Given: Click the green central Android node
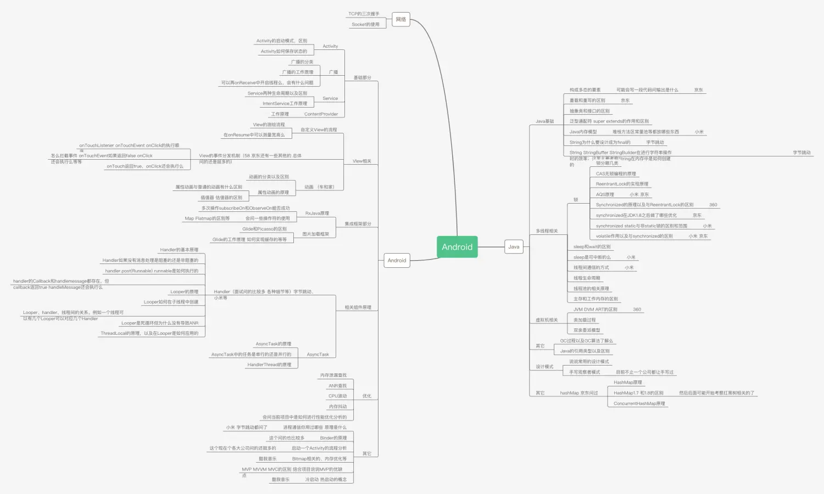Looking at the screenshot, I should click(x=457, y=247).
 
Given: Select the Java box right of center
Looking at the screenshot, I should click(x=514, y=247).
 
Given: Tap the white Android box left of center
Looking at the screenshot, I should click(x=397, y=261).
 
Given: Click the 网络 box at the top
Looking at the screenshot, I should click(x=401, y=20).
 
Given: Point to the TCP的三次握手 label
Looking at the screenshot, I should click(x=364, y=14).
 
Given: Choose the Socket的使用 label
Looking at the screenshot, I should click(x=365, y=24).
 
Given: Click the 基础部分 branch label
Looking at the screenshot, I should click(x=362, y=78).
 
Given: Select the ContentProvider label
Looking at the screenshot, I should click(x=321, y=114).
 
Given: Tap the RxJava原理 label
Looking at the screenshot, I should click(x=317, y=214).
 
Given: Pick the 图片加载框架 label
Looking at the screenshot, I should click(x=315, y=234).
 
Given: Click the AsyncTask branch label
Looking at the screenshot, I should click(x=318, y=355).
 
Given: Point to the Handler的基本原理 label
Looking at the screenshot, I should click(x=179, y=250).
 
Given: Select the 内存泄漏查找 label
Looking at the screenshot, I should click(x=333, y=375).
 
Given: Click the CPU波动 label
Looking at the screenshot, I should click(x=337, y=396).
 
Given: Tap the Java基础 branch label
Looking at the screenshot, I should click(x=545, y=121).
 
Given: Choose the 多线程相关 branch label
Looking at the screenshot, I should click(x=547, y=231).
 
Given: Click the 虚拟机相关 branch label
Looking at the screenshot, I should click(x=547, y=320).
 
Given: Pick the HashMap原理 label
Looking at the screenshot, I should click(x=627, y=383).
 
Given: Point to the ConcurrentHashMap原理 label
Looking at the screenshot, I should click(x=639, y=403).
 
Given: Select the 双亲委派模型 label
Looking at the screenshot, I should click(x=587, y=330).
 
